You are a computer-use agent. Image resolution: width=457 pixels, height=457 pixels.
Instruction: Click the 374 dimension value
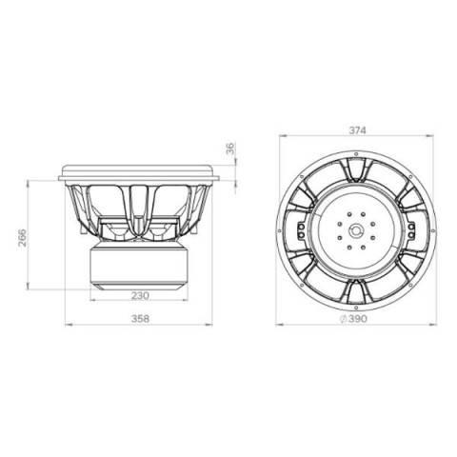coord(357,130)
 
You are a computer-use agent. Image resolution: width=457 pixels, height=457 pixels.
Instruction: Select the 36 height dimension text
coord(230,149)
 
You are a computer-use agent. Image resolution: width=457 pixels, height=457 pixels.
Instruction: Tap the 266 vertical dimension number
coord(22,237)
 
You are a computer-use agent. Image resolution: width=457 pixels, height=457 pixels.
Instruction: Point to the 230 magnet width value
coord(140,295)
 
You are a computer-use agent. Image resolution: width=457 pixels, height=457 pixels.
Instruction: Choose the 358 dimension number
coord(140,318)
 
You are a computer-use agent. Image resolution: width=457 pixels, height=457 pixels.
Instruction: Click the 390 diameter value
coord(358,319)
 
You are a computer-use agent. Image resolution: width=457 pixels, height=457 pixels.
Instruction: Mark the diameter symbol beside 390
coord(344,319)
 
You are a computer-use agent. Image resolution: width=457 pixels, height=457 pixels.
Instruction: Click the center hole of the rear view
coord(356,230)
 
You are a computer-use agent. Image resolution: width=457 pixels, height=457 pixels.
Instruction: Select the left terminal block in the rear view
coord(301,230)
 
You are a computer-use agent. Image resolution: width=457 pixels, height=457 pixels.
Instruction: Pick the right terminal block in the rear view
coord(411,230)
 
